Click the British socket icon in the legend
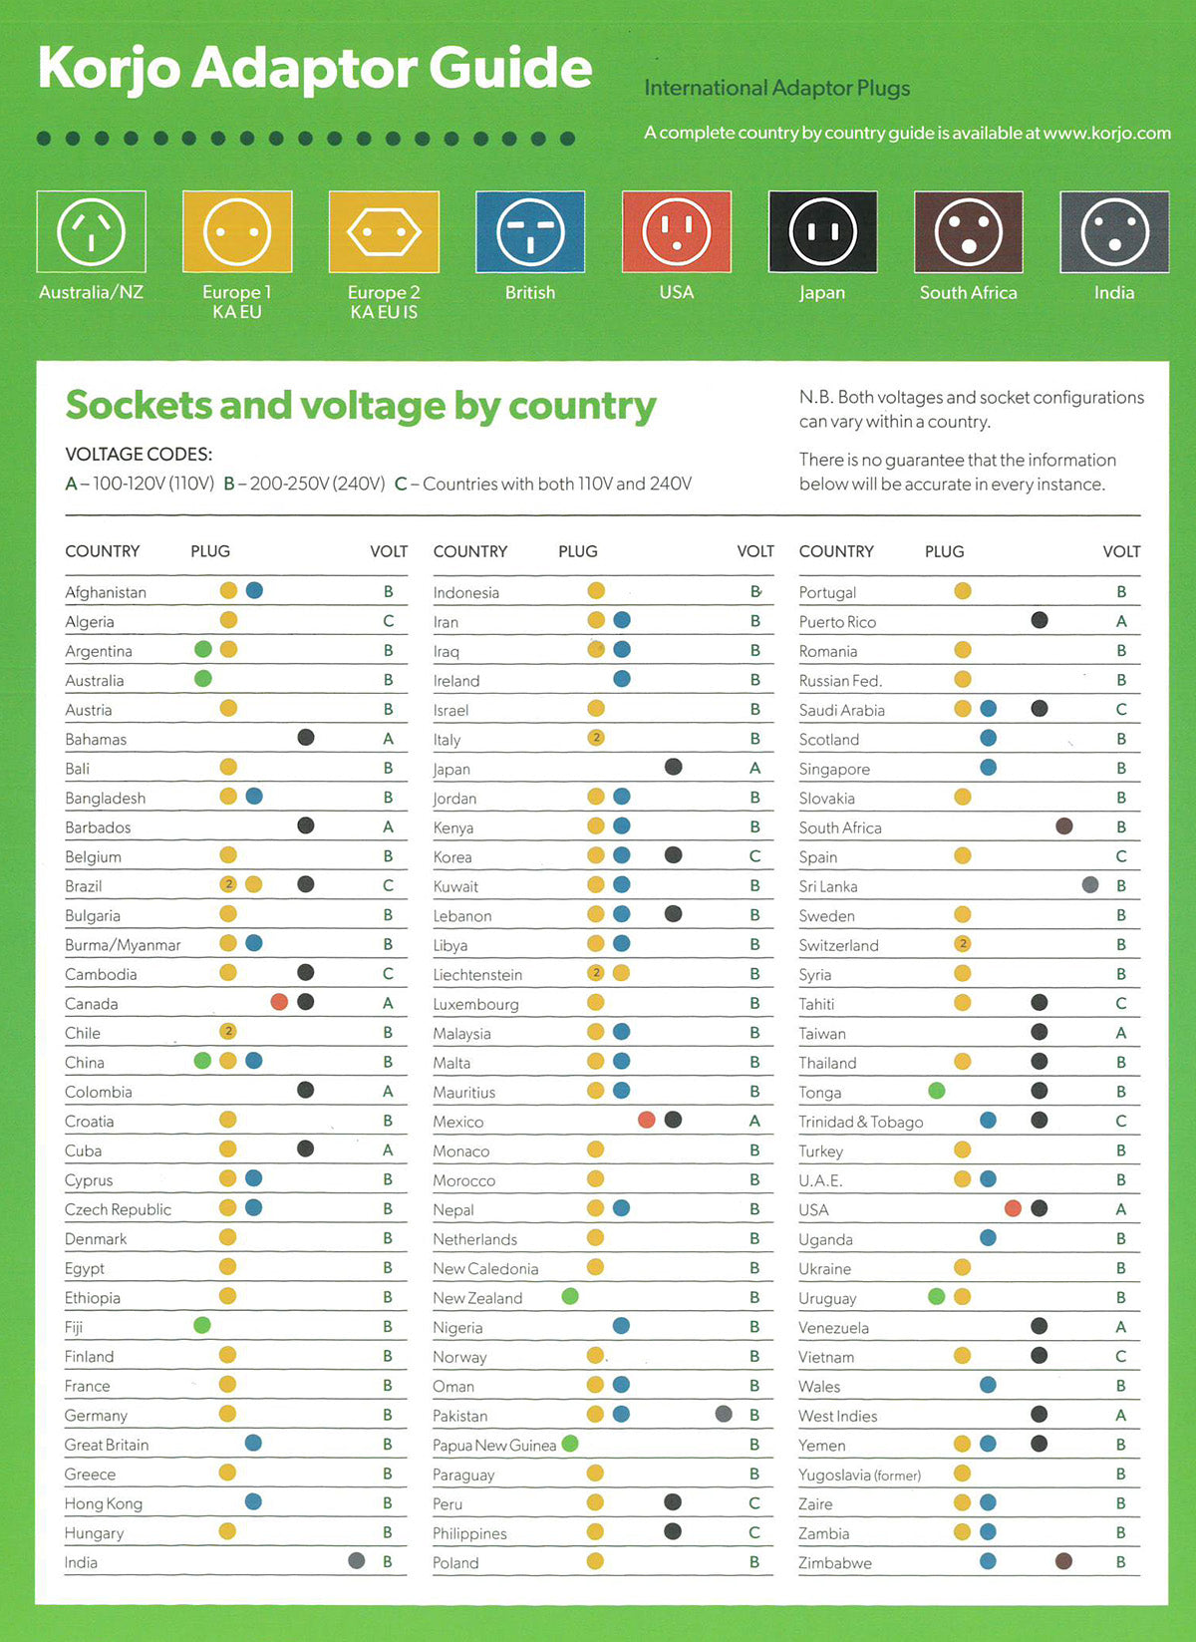530,231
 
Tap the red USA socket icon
677,231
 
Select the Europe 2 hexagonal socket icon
384,231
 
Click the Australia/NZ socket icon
91,231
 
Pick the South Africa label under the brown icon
968,292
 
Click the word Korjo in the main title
110,68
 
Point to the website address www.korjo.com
1106,134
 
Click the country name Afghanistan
106,592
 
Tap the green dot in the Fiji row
202,1325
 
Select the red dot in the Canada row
279,1002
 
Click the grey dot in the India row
357,1560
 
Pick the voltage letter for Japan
754,769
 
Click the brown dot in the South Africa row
1064,826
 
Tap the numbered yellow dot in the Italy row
597,738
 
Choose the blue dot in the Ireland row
622,679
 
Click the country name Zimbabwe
835,1563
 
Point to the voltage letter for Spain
1121,856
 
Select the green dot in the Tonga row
937,1091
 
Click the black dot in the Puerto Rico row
1040,620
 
